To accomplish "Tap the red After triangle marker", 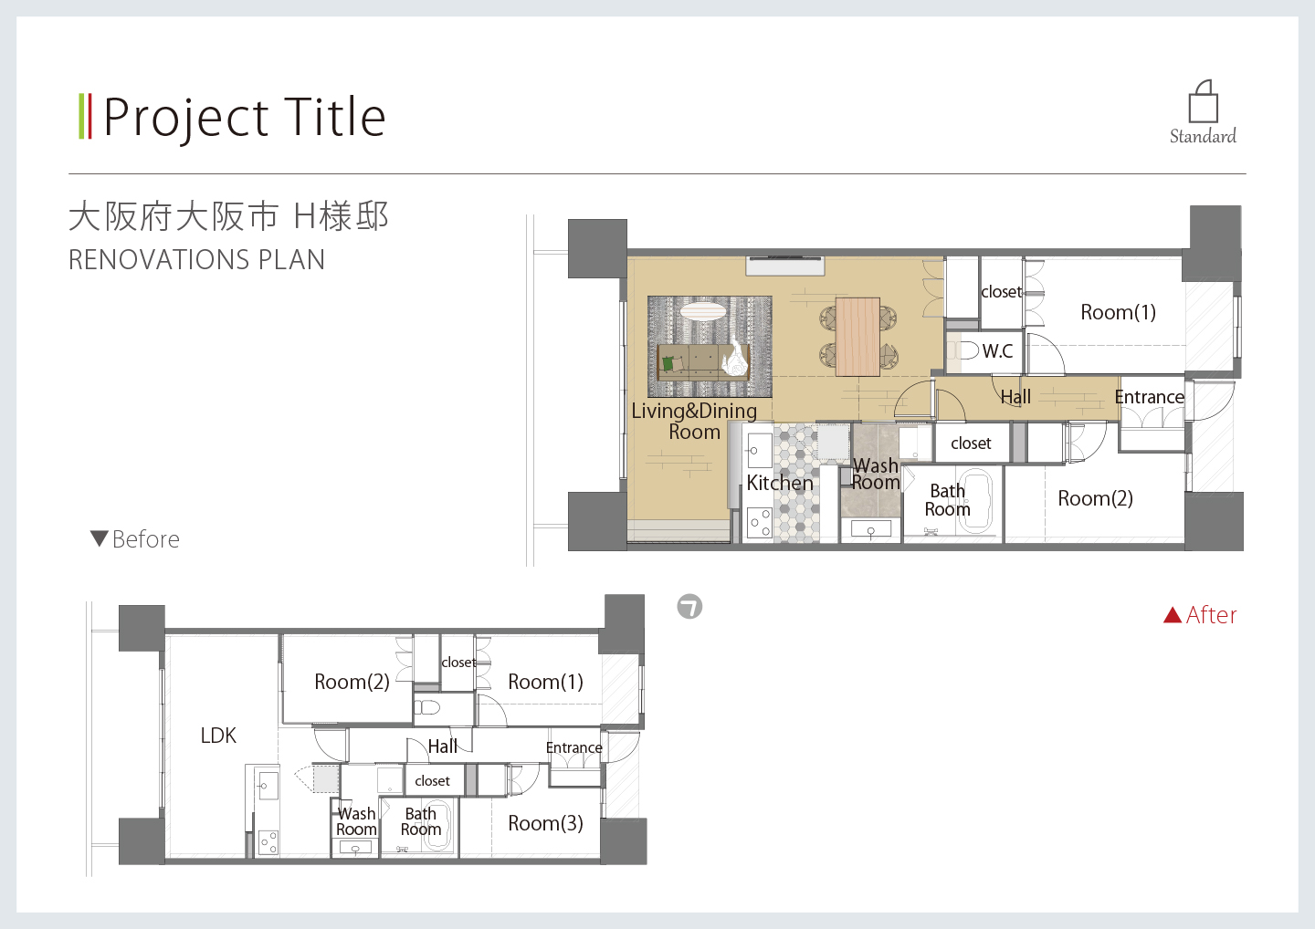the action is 1173,615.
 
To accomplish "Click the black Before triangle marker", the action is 100,538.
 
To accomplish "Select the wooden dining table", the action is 857,337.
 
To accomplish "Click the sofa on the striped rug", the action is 703,362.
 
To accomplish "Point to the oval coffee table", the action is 703,310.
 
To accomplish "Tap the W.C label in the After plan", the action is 997,350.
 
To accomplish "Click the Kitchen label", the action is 780,483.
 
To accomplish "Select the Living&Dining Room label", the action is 694,421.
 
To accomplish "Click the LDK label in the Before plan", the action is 218,735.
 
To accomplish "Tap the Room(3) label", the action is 545,823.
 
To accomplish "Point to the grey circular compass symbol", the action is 689,607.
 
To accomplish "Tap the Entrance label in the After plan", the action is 1150,397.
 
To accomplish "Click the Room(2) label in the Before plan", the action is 352,682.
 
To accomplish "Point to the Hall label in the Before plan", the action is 443,746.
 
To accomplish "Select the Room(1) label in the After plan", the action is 1119,312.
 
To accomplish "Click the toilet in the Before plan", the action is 427,706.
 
